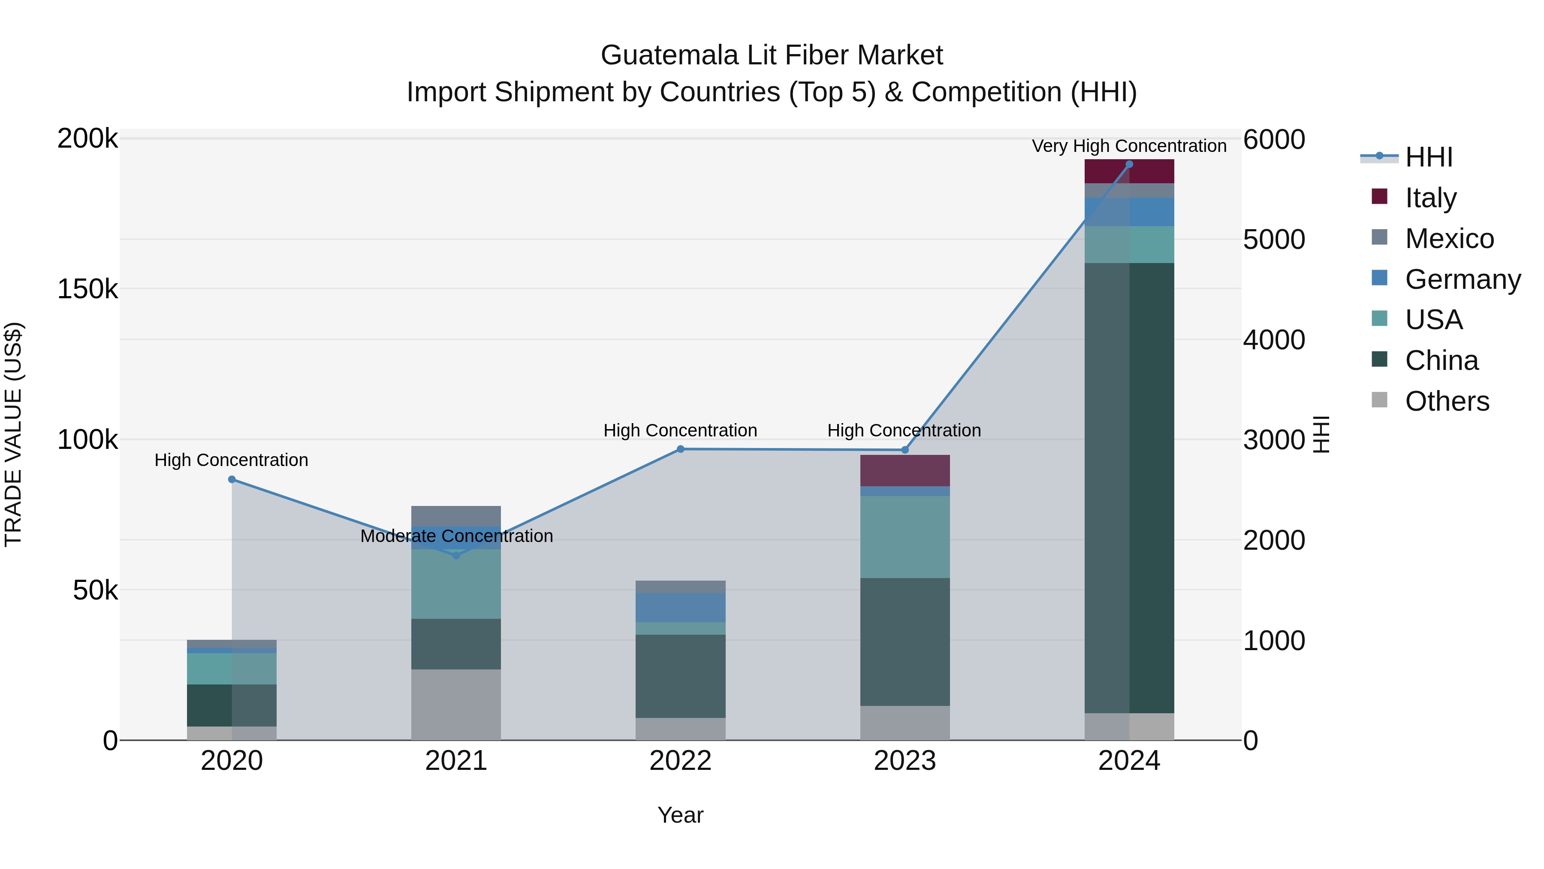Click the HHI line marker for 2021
[x=456, y=555]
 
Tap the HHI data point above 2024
[x=1129, y=164]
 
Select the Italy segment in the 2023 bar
[x=905, y=470]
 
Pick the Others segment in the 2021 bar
[x=456, y=704]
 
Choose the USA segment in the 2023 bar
[x=905, y=537]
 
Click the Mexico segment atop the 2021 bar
[x=456, y=516]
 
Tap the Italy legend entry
[x=1429, y=197]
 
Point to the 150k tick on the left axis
[x=87, y=289]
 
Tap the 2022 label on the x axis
[x=680, y=761]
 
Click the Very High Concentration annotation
[x=1129, y=146]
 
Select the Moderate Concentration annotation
[x=456, y=536]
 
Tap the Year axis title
[x=680, y=815]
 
